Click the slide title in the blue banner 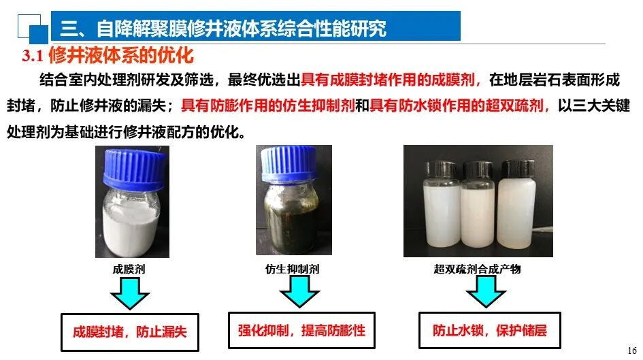tap(223, 28)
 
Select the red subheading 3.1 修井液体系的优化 tap(108, 55)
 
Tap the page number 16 tap(632, 350)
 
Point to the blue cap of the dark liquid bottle tap(288, 163)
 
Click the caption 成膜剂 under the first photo tap(129, 269)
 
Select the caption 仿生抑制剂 tap(292, 269)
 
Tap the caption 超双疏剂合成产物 tap(478, 269)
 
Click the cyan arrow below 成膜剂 tap(129, 293)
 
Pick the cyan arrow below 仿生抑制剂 tap(299, 291)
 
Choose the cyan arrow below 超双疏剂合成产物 tap(486, 291)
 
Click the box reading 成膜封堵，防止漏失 tap(129, 332)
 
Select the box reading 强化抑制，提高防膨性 tap(301, 330)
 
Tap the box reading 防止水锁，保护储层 tap(490, 330)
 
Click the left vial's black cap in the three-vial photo tap(441, 169)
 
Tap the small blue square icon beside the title tap(39, 35)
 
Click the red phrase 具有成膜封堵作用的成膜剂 tap(388, 80)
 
